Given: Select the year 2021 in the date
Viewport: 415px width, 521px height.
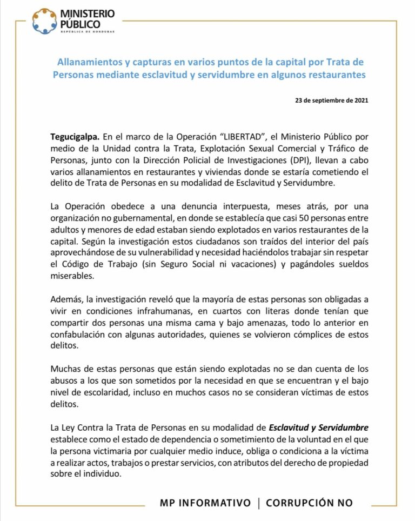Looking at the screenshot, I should (x=359, y=101).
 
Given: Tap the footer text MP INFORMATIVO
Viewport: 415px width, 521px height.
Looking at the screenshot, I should (x=205, y=503).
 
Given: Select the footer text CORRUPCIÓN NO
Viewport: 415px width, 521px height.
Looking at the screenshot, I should (x=310, y=503).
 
